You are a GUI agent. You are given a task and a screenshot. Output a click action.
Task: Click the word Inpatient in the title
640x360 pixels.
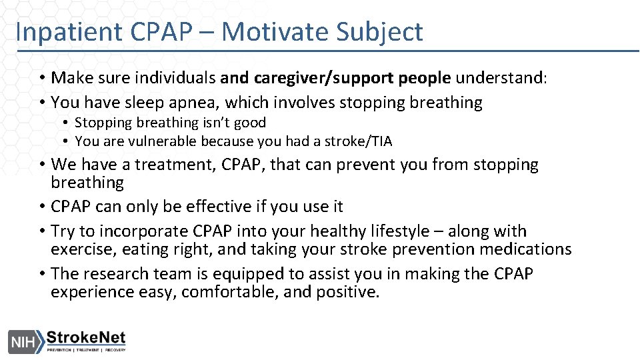(63, 32)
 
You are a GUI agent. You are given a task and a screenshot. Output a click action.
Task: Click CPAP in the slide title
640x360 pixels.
(153, 32)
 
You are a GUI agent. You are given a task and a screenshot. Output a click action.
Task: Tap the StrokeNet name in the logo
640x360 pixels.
(85, 337)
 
